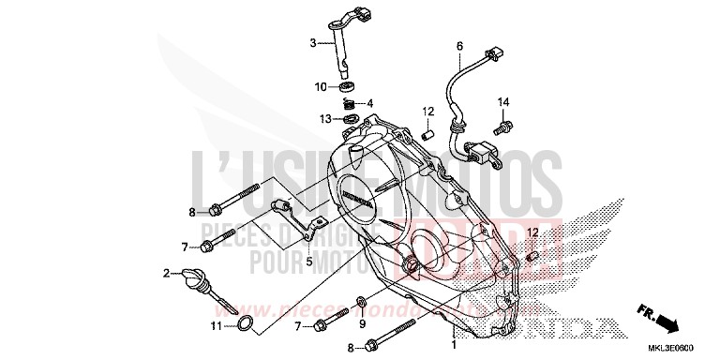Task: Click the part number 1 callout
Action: [x=456, y=345]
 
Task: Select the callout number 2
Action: [x=165, y=273]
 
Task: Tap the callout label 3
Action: [x=314, y=42]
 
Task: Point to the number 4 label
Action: [x=370, y=103]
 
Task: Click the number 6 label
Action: [x=459, y=46]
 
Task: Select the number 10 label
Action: [x=321, y=87]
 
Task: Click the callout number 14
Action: [x=502, y=101]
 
